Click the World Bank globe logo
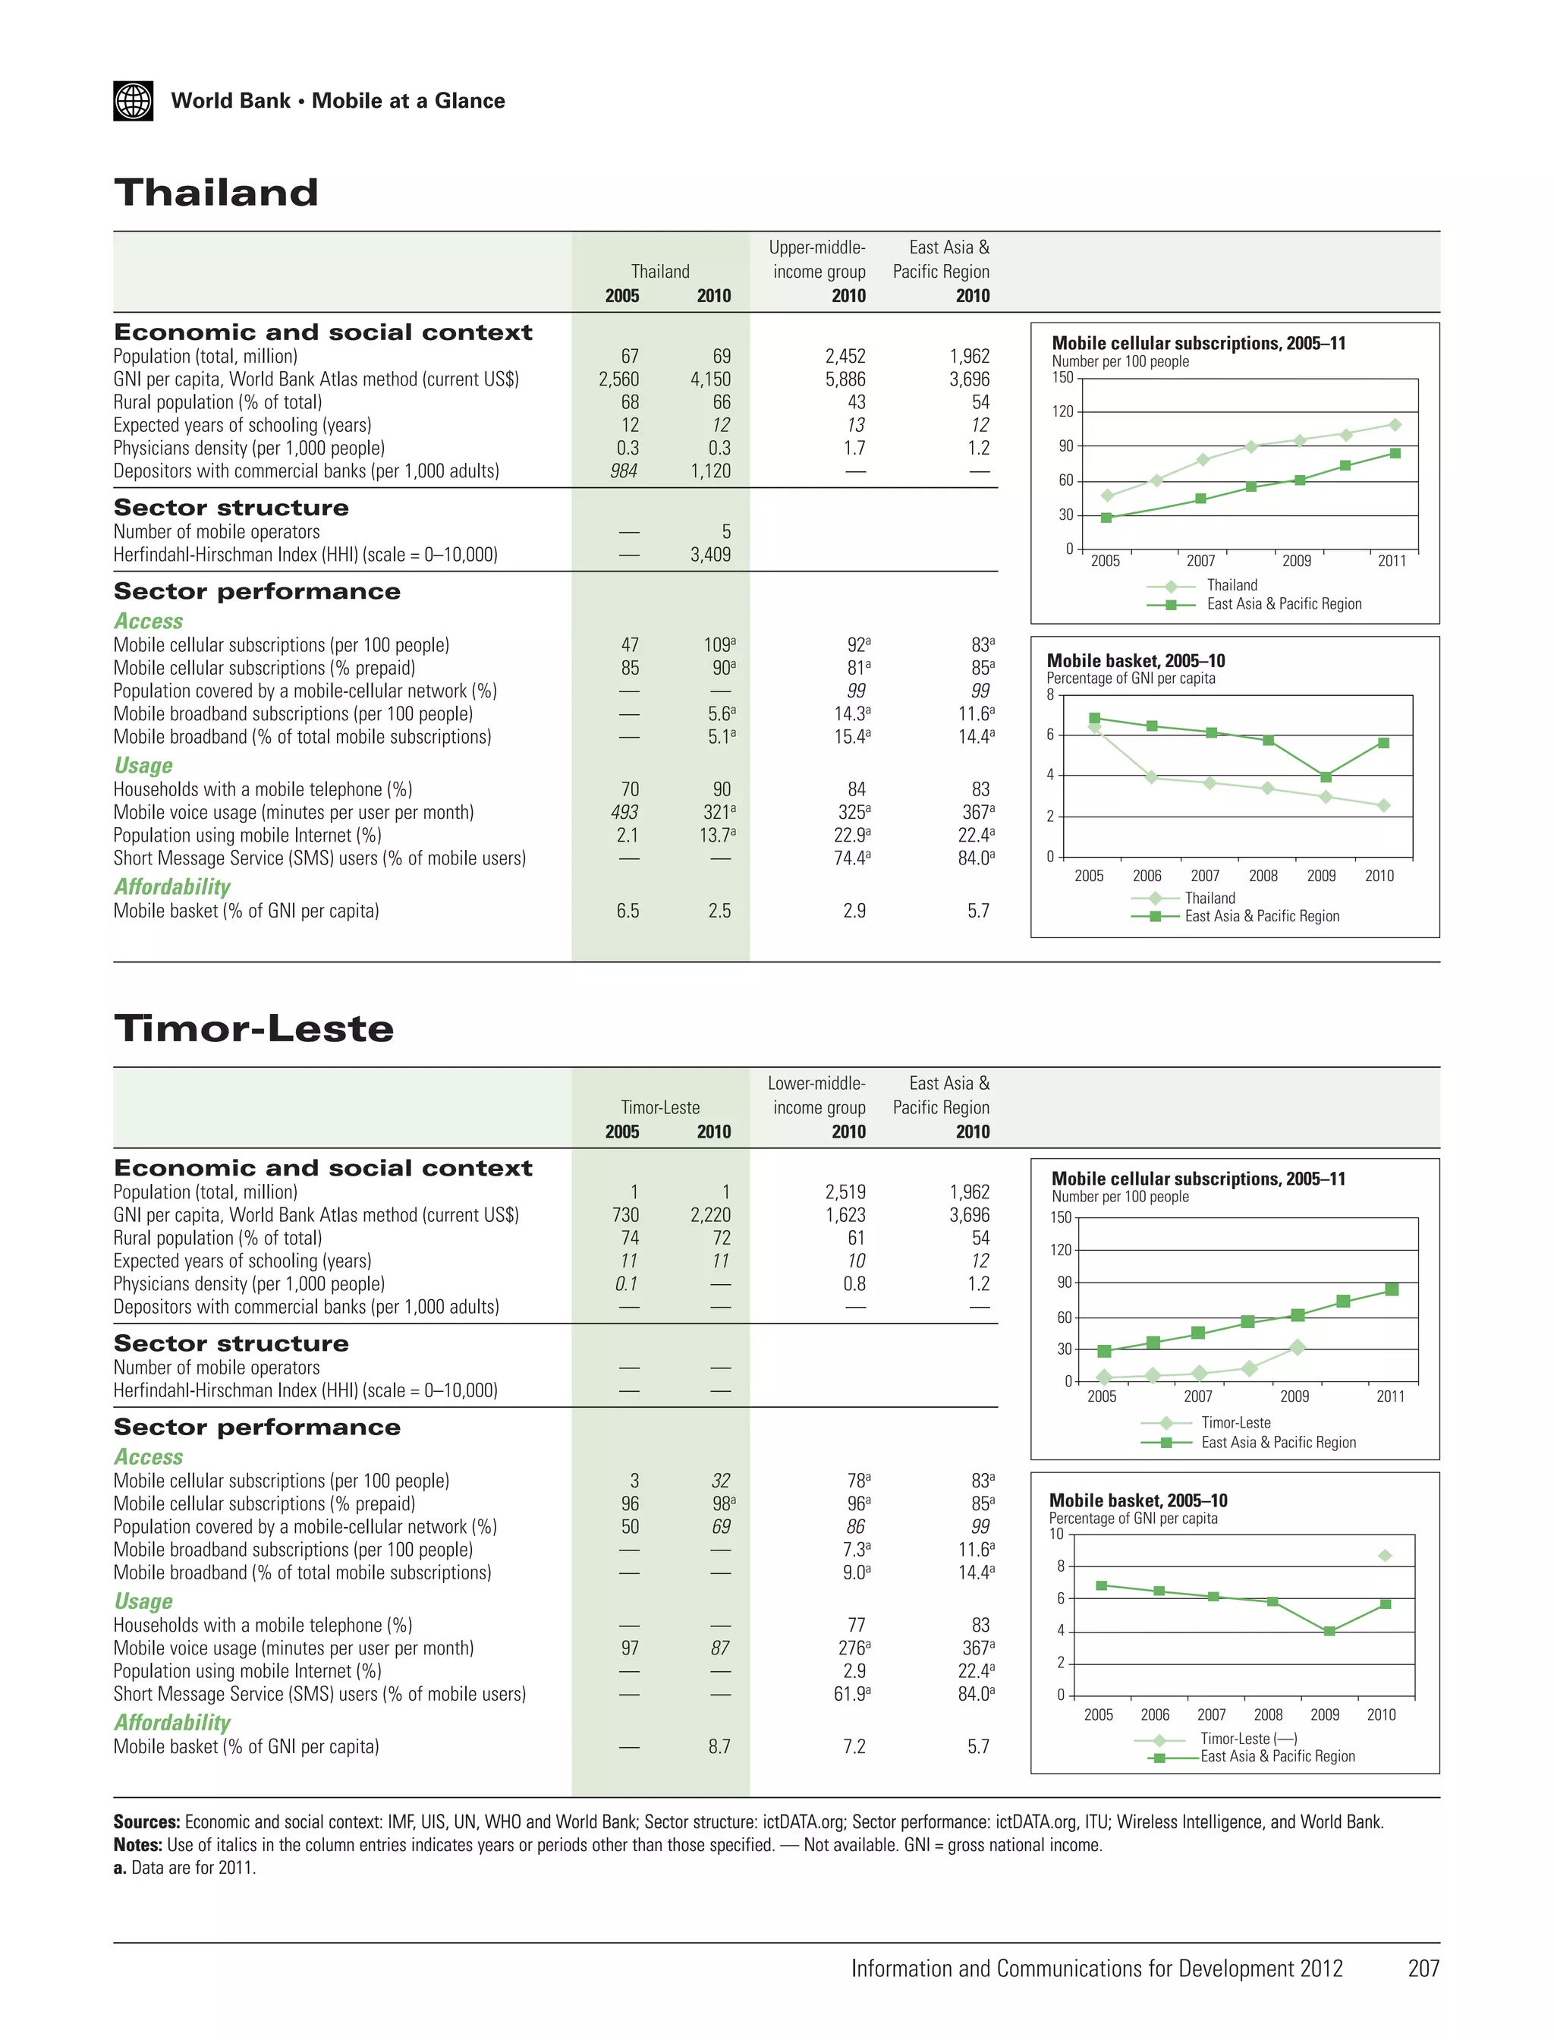pos(134,101)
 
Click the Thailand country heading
pos(215,193)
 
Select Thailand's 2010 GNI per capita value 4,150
pos(710,379)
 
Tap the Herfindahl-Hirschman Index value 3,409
pos(710,555)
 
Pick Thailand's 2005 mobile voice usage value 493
pos(624,812)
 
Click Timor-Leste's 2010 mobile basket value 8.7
pos(719,1747)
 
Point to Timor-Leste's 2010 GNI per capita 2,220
pos(710,1215)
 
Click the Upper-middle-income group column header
pos(818,260)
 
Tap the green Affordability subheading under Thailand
pos(172,886)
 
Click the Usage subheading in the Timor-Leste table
pos(143,1601)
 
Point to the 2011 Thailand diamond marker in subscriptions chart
pos(1395,425)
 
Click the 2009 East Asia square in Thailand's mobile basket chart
pos(1326,777)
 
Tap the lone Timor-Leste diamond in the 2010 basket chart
pos(1385,1556)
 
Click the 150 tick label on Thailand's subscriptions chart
pos(1063,377)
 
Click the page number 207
pos(1423,1969)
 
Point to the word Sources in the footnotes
pos(146,1821)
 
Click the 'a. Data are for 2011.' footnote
pos(185,1867)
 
